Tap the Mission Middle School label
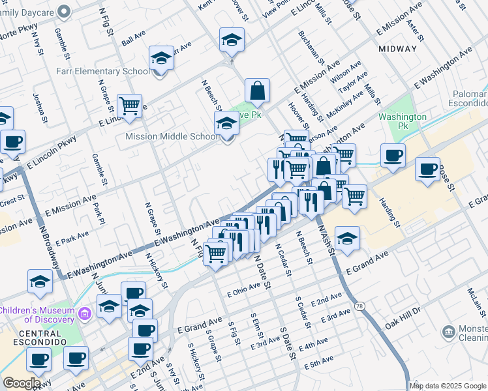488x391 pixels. click(x=172, y=137)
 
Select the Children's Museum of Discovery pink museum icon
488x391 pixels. click(x=84, y=315)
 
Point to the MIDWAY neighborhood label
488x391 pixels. click(x=397, y=49)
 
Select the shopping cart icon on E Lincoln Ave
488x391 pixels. click(x=129, y=105)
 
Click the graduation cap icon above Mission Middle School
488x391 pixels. click(x=226, y=121)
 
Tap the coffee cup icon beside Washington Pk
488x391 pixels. click(x=393, y=155)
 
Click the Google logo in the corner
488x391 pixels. click(x=22, y=383)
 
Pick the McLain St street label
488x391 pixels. click(x=475, y=302)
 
